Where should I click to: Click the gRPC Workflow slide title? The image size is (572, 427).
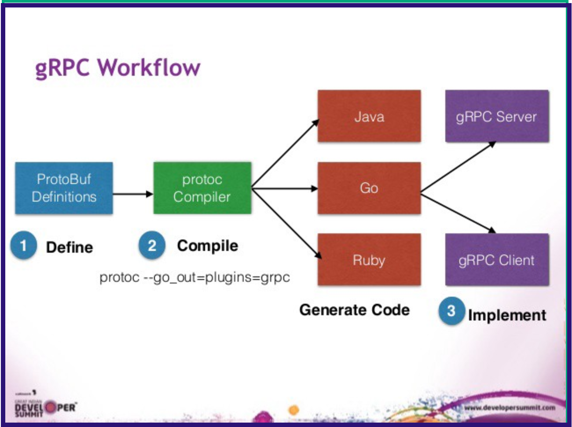[x=117, y=68]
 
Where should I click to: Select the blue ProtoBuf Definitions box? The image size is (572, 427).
[x=64, y=188]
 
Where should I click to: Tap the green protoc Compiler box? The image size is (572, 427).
[x=202, y=188]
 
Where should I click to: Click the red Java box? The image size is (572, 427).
[x=369, y=116]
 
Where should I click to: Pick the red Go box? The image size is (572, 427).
[x=369, y=188]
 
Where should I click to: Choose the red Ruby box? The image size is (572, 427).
[x=369, y=260]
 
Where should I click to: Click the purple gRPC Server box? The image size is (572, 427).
[x=496, y=116]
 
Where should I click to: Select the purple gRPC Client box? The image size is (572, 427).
[x=496, y=260]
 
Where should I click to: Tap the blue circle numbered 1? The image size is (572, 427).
[x=23, y=245]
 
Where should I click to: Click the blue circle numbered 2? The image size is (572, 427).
[x=152, y=245]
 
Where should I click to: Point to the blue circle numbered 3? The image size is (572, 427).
[x=451, y=311]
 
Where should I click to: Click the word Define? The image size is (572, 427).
[x=70, y=247]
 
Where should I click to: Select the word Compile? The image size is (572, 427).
[x=207, y=246]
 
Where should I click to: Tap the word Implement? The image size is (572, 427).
[x=507, y=315]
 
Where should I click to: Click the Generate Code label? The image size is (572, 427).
[x=354, y=310]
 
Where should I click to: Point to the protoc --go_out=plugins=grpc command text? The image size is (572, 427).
[x=194, y=277]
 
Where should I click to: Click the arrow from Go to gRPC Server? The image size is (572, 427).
[x=458, y=168]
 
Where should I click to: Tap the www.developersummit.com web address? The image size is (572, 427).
[x=510, y=408]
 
